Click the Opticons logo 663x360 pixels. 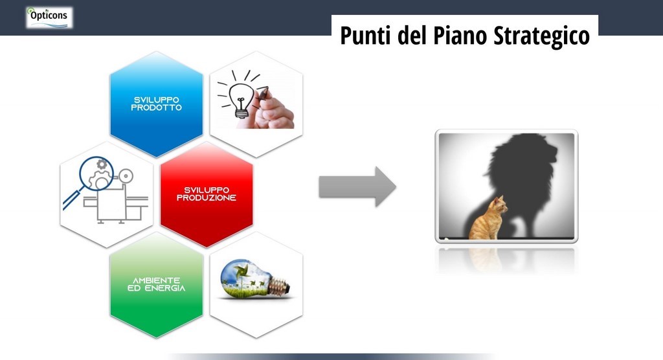pos(49,17)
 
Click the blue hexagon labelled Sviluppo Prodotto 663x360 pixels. pos(157,104)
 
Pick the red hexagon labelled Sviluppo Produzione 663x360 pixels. pos(207,194)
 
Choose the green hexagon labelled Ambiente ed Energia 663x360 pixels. pos(157,285)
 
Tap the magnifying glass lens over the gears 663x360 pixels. pos(97,174)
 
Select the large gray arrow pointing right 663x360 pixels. pos(357,186)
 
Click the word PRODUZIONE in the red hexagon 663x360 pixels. pos(207,197)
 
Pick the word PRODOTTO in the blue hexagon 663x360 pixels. pos(157,107)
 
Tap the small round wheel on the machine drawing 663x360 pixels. pos(126,175)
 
